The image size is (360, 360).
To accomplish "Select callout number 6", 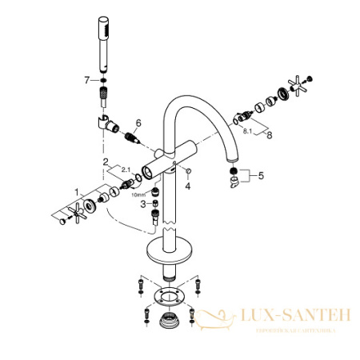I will point(138,122).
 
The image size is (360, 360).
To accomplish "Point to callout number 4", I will point(188,185).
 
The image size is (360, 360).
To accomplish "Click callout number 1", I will point(78,192).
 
